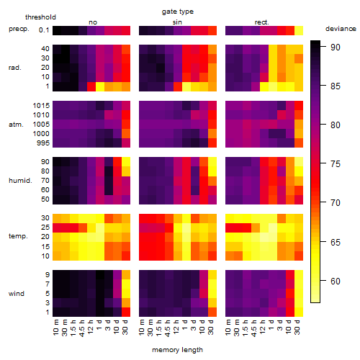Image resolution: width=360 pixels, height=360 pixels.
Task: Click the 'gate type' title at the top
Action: coord(178,12)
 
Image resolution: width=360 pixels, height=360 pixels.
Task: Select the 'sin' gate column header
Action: coord(177,22)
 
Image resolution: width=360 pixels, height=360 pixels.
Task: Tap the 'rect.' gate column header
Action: coord(262,22)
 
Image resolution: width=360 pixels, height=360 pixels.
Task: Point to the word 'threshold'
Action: coord(40,17)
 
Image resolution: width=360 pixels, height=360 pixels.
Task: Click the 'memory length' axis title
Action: coord(178,350)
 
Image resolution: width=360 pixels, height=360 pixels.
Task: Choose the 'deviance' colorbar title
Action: coord(341,29)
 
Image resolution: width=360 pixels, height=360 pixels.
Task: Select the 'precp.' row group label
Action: coord(19,29)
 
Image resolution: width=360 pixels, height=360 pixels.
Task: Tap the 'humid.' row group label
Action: coord(20,181)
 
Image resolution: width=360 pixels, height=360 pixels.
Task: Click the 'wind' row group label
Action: coord(17,294)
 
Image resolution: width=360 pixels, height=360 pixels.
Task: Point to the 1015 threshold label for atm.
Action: coord(41,106)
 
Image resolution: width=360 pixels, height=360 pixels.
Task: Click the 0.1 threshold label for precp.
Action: coord(44,30)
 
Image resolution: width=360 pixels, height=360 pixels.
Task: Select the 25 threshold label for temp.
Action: coord(45,228)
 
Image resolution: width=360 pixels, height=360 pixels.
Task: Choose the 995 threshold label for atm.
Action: coord(43,143)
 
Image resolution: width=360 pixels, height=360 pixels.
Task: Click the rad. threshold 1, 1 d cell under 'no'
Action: coord(100,86)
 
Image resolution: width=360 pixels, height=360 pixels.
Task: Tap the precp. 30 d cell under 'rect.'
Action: coord(299,30)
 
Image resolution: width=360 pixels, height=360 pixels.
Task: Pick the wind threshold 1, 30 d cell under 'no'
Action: coord(126,312)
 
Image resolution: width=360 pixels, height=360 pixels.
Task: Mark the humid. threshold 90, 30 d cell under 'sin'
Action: coord(212,161)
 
